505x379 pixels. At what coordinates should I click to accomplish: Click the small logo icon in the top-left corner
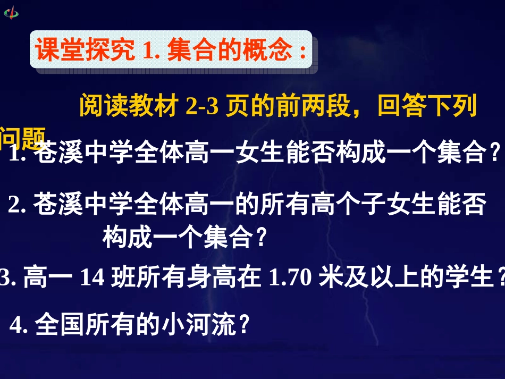(x=11, y=12)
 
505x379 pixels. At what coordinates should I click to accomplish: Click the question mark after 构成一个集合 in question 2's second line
(x=259, y=237)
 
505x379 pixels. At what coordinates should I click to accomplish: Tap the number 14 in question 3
(x=93, y=277)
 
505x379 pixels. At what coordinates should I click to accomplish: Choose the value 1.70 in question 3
(x=290, y=277)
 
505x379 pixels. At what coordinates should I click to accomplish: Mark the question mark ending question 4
(x=243, y=325)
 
